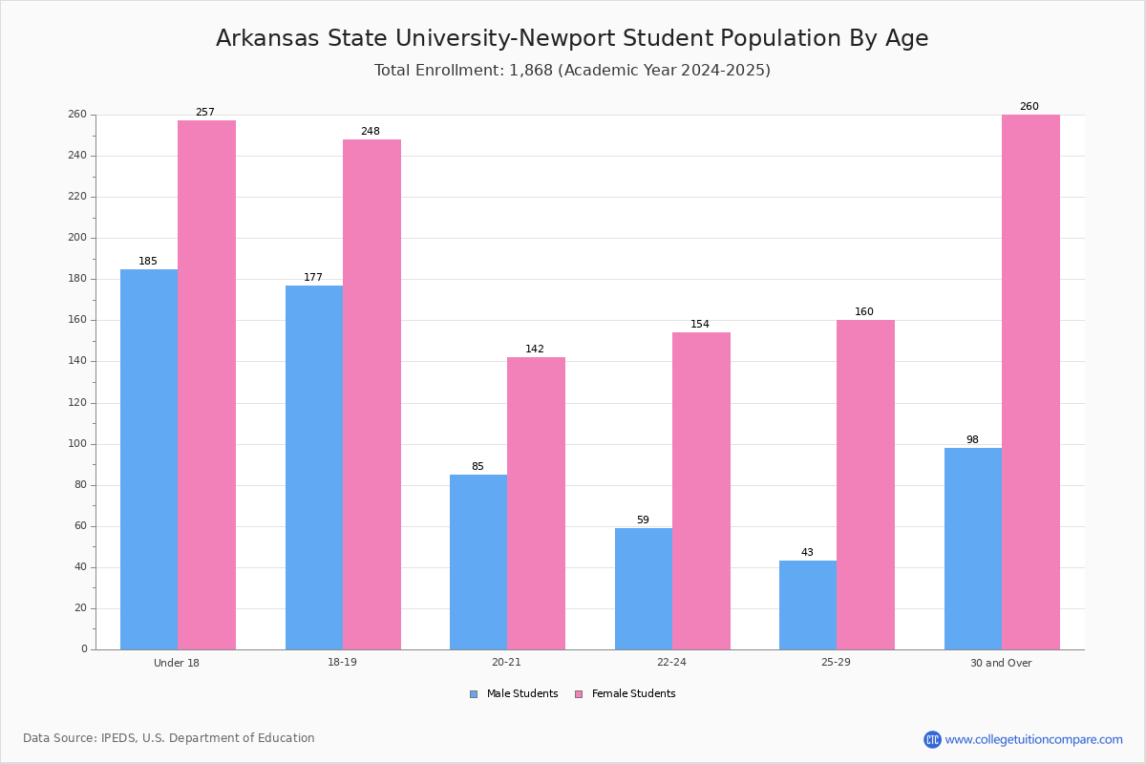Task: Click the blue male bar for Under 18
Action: (x=149, y=459)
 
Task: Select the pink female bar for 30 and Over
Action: (x=1030, y=382)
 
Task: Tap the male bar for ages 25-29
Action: (x=808, y=605)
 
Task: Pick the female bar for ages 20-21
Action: (x=536, y=503)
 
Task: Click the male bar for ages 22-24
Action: (x=644, y=589)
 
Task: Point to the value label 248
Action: (x=371, y=131)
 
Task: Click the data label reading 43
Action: (x=807, y=552)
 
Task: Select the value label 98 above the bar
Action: (x=972, y=439)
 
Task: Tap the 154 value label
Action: (x=700, y=324)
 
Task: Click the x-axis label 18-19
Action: (x=342, y=662)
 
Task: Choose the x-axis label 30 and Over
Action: (x=1001, y=663)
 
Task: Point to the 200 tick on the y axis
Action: (x=77, y=238)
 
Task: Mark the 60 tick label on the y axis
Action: (x=81, y=525)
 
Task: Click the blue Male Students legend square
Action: (x=474, y=694)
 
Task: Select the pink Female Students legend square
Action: (x=579, y=694)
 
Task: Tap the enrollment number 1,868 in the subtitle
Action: (x=531, y=70)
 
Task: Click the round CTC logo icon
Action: (x=932, y=739)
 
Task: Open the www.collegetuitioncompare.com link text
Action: (x=1034, y=739)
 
